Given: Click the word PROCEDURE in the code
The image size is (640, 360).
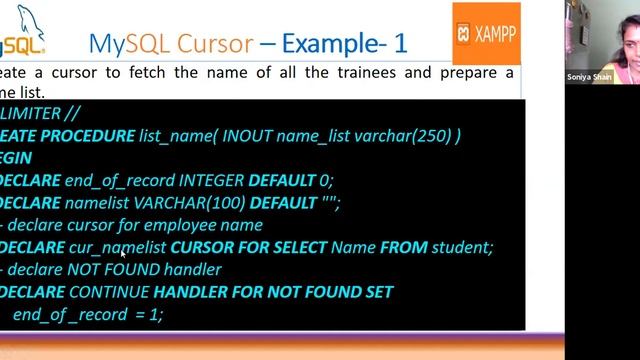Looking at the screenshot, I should click(x=86, y=136).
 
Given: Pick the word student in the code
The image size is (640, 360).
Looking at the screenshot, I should click(x=461, y=248).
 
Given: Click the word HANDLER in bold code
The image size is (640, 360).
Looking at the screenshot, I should click(x=190, y=292).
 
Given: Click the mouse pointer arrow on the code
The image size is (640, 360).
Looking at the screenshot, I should click(x=123, y=254).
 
